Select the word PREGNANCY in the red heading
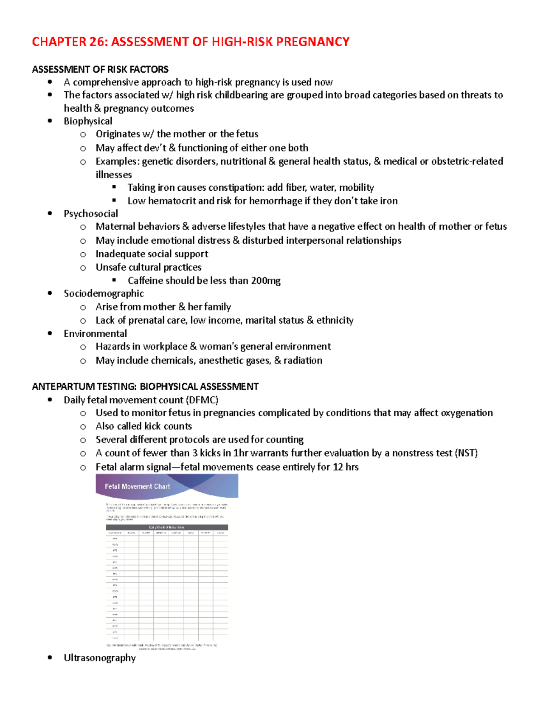tap(313, 42)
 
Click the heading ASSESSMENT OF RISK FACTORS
tap(100, 70)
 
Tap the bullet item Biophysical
tap(88, 121)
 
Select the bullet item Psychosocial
tap(90, 214)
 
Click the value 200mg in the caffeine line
tap(266, 281)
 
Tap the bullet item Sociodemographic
tap(104, 294)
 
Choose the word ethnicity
tap(335, 320)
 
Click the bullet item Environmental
tap(95, 334)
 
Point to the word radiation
tap(303, 361)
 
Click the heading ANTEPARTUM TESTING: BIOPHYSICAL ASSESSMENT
tap(145, 387)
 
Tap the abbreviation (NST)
tap(466, 453)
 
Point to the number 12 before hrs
tap(338, 467)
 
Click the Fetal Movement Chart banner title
tap(137, 486)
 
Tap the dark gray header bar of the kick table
tap(167, 527)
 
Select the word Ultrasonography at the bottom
tap(100, 658)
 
